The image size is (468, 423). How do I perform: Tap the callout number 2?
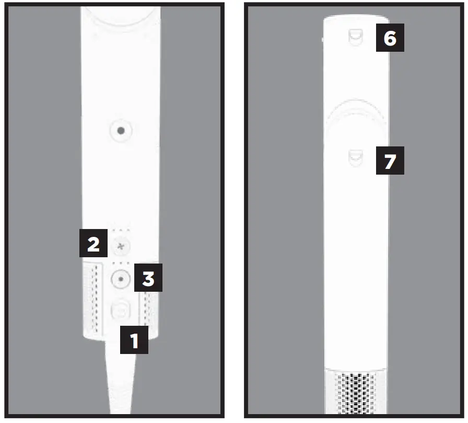pyautogui.click(x=93, y=243)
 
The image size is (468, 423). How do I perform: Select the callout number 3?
pyautogui.click(x=148, y=278)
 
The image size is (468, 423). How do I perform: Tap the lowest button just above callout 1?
pyautogui.click(x=121, y=311)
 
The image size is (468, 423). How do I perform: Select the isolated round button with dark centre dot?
pyautogui.click(x=121, y=131)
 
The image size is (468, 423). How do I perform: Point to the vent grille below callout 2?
pyautogui.click(x=95, y=298)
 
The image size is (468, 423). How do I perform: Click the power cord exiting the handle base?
pyautogui.click(x=121, y=382)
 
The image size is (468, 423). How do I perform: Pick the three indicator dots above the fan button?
pyautogui.click(x=121, y=230)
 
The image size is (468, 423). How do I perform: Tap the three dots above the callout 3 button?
pyautogui.click(x=121, y=264)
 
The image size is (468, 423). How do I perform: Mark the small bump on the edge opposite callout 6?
pyautogui.click(x=323, y=38)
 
